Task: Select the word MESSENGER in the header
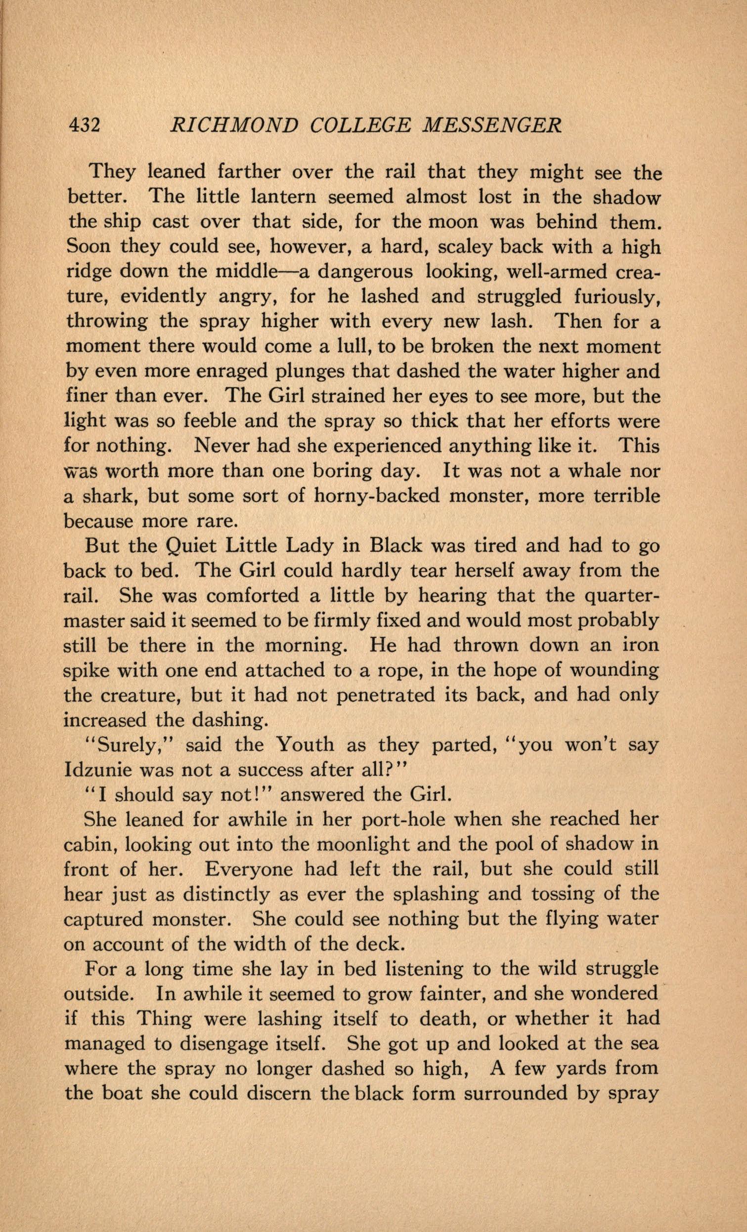[x=492, y=124]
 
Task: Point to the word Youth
[x=305, y=745]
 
